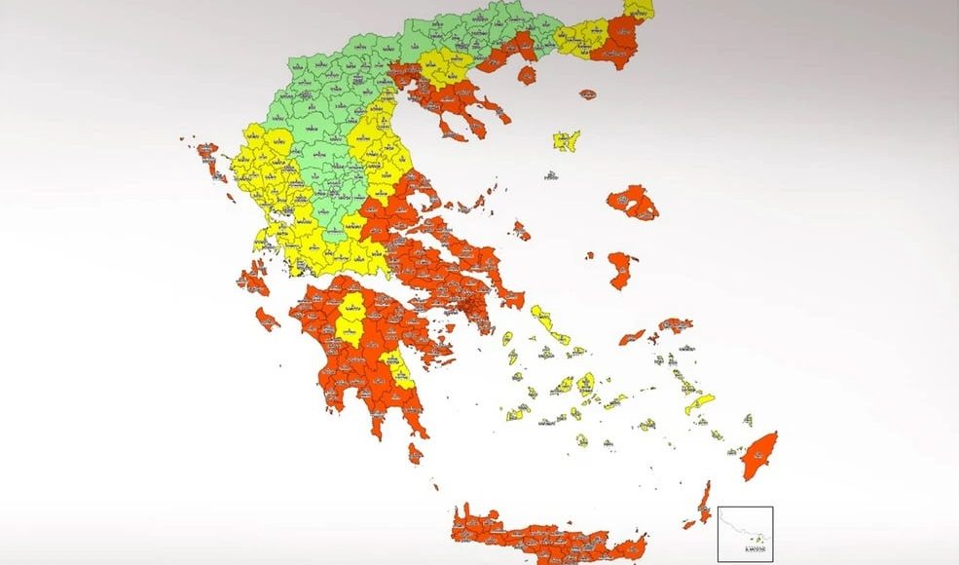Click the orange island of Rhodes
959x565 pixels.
(758, 454)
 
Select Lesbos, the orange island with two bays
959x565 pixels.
(633, 203)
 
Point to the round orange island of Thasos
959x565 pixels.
(527, 75)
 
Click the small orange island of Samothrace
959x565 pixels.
(587, 94)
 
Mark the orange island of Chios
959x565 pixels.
(619, 269)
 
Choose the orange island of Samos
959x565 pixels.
(675, 324)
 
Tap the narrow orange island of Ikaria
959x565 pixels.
(632, 337)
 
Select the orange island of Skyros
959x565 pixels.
(522, 231)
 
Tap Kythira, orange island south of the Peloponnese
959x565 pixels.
(416, 453)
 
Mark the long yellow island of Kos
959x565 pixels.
(698, 402)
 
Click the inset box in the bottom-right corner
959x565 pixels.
(745, 534)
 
